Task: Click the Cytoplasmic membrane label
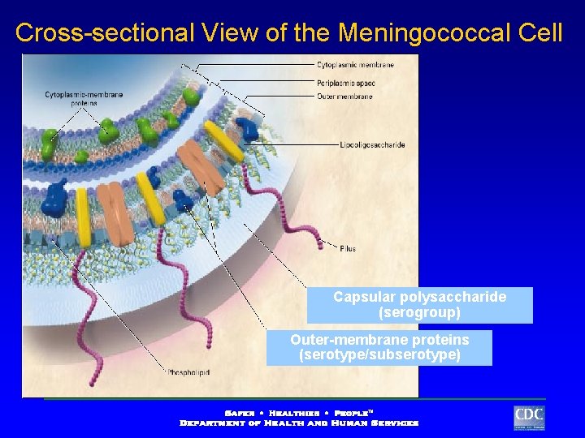[x=355, y=64]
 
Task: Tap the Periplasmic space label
[x=346, y=83]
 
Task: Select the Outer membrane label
[x=344, y=97]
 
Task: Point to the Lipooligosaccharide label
[x=372, y=145]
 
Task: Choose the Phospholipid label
[x=188, y=372]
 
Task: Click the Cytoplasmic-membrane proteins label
[x=84, y=99]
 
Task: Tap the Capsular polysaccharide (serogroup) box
[x=419, y=305]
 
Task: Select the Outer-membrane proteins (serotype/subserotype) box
[x=379, y=347]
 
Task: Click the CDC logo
[x=529, y=417]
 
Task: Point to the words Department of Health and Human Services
[x=299, y=423]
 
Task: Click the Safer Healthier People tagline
[x=299, y=412]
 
